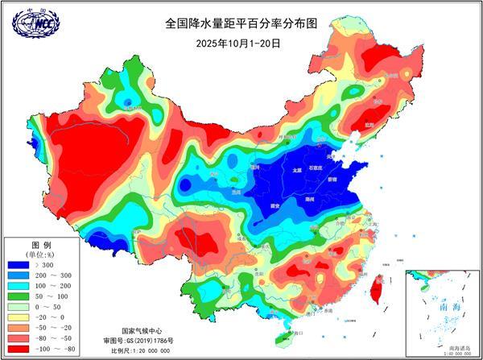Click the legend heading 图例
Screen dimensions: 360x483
point(41,243)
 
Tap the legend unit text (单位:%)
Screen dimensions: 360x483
point(41,253)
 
